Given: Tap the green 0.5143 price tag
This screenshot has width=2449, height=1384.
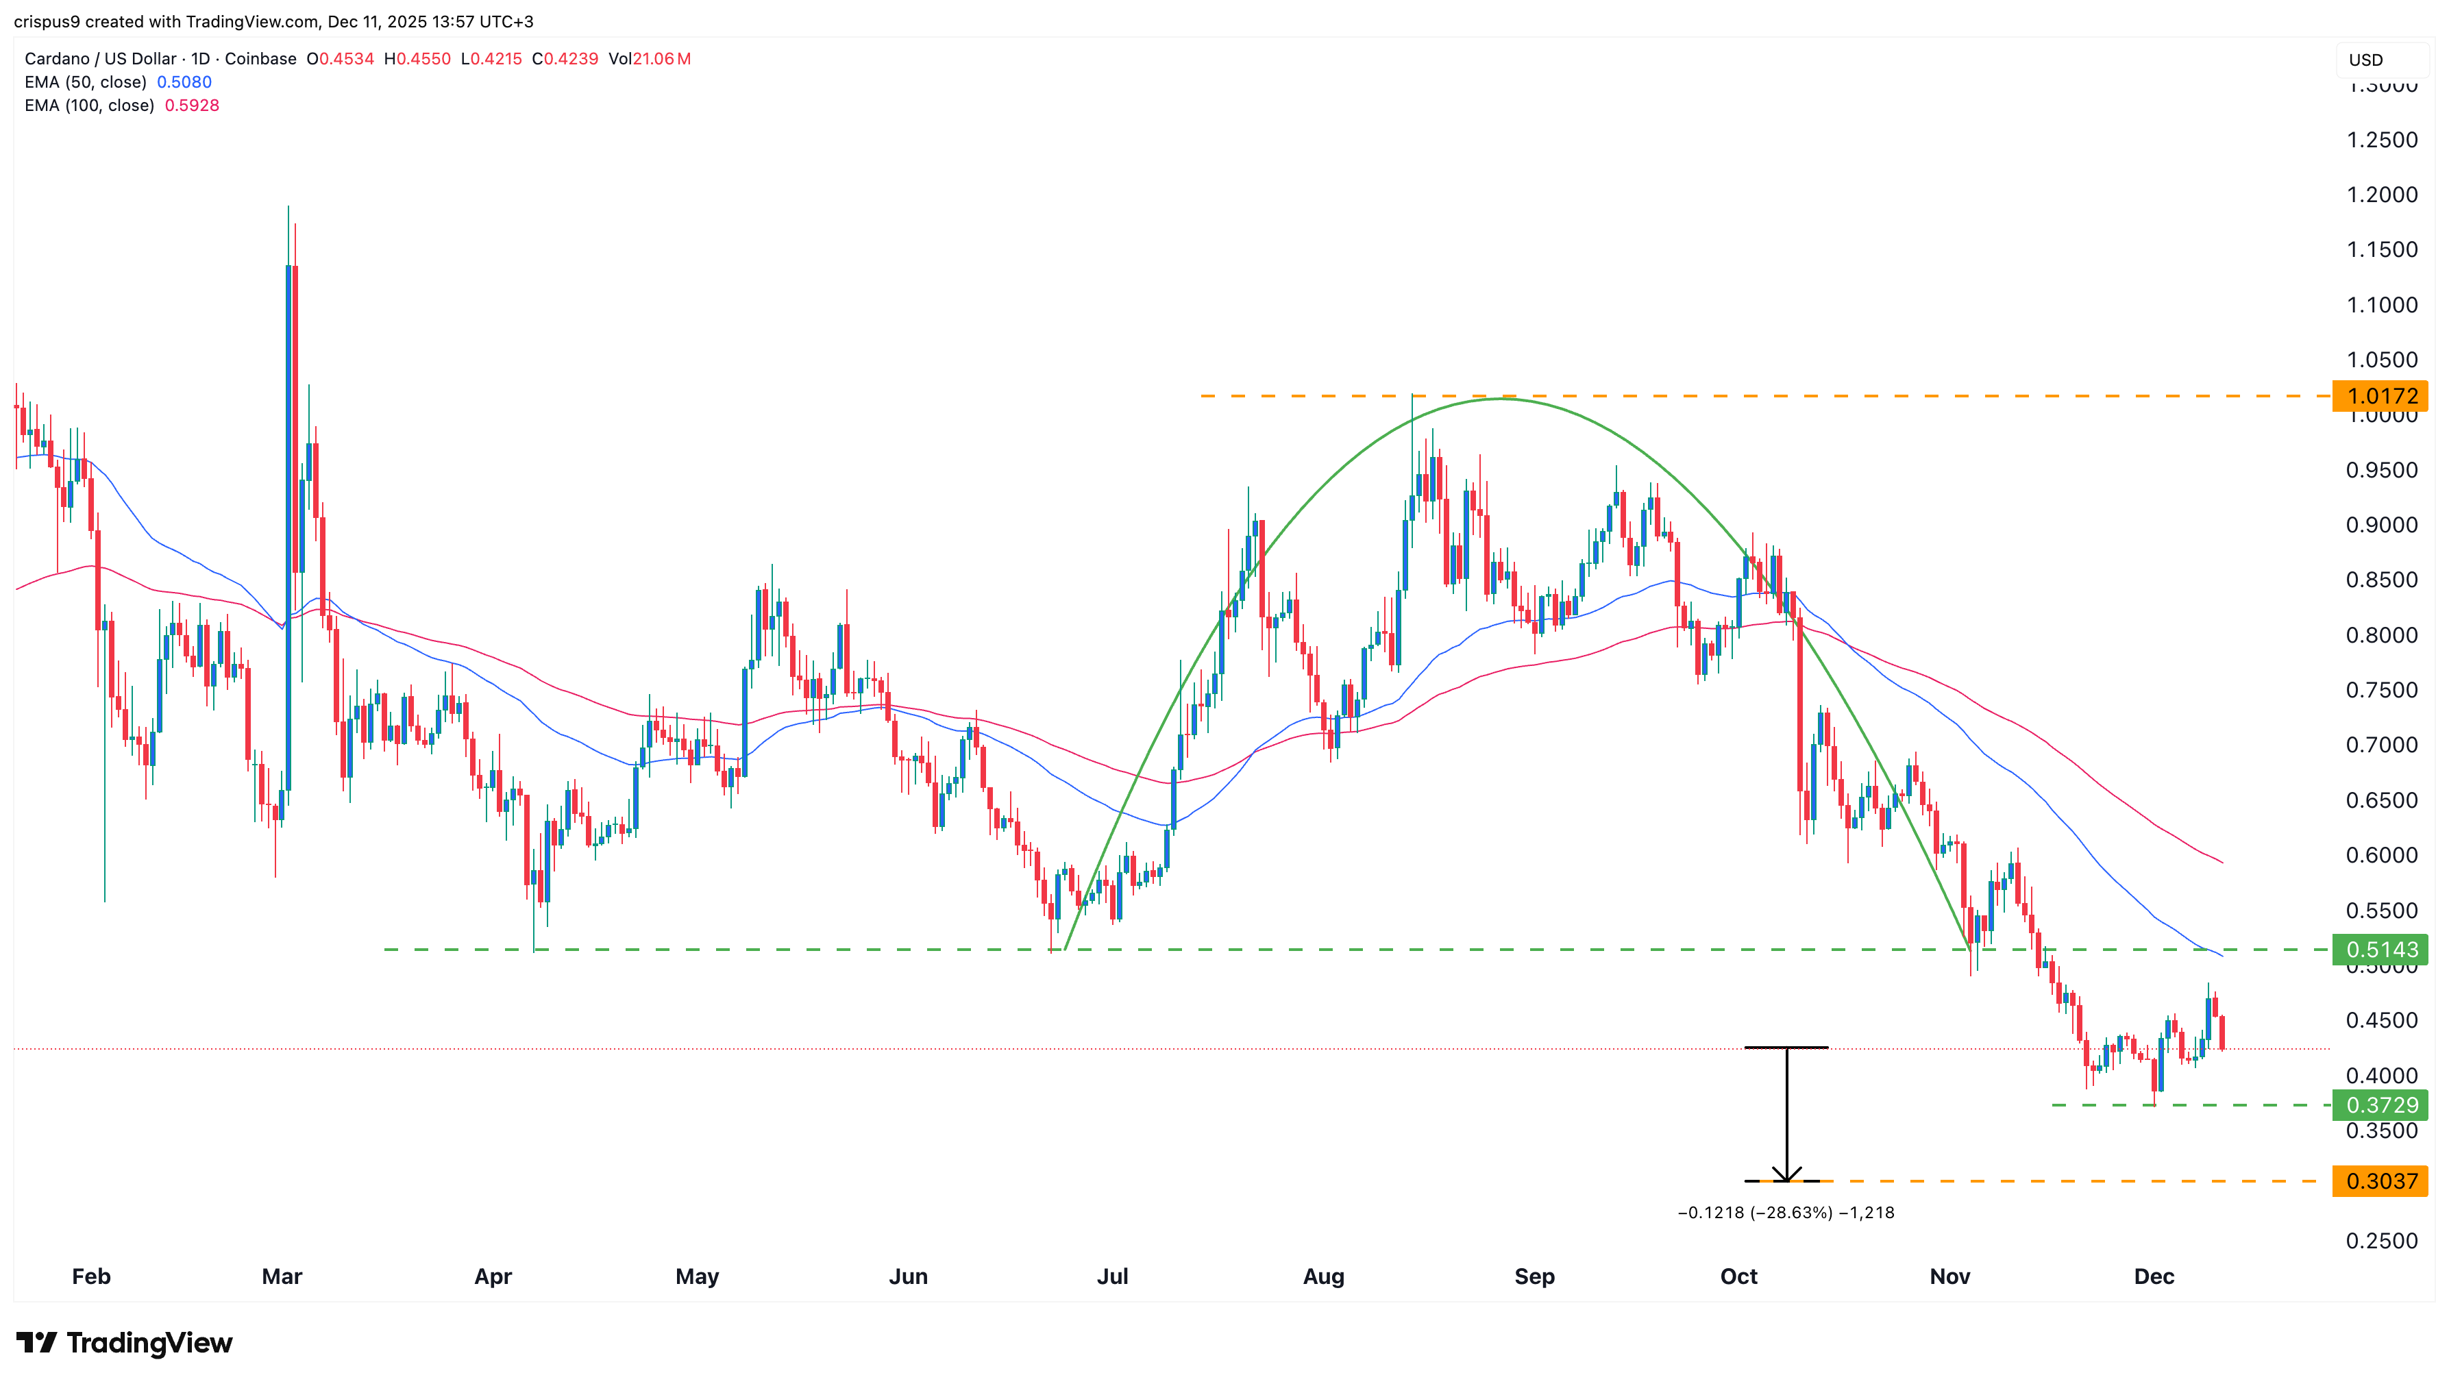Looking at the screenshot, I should click(x=2380, y=950).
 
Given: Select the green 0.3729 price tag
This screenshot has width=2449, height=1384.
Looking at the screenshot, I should click(x=2380, y=1104).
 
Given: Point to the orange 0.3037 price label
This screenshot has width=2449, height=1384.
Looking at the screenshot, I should click(x=2380, y=1181).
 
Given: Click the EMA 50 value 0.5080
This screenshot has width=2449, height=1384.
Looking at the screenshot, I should click(x=184, y=82).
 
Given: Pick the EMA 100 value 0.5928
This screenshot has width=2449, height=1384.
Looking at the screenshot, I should click(x=192, y=106).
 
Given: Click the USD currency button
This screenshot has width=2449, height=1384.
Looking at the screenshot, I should click(x=2365, y=60).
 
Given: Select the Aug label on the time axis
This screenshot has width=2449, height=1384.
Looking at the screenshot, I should click(x=1323, y=1276).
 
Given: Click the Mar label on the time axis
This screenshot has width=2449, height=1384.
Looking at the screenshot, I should click(x=282, y=1276).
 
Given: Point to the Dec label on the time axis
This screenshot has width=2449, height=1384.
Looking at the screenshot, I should click(x=2154, y=1276).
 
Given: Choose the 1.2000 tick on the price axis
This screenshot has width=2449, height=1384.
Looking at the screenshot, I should click(x=2381, y=195).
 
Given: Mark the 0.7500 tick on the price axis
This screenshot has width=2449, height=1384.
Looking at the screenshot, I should click(x=2381, y=690).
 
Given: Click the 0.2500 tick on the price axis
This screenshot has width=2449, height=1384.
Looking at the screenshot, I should click(x=2381, y=1241).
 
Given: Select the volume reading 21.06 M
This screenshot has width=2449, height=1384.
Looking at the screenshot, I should click(x=662, y=59).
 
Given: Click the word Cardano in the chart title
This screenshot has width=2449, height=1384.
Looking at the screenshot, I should click(x=56, y=59).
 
